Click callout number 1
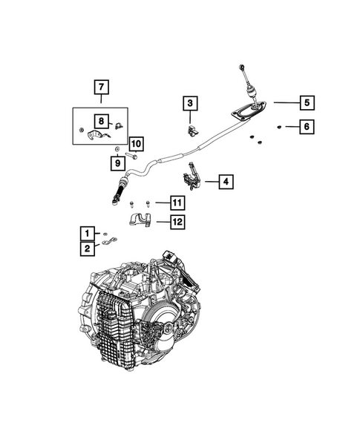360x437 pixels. (88, 232)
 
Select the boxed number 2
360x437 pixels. (88, 249)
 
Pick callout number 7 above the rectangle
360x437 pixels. (100, 88)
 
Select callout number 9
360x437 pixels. (117, 162)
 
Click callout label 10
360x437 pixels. (135, 144)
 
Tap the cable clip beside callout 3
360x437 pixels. (192, 131)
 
